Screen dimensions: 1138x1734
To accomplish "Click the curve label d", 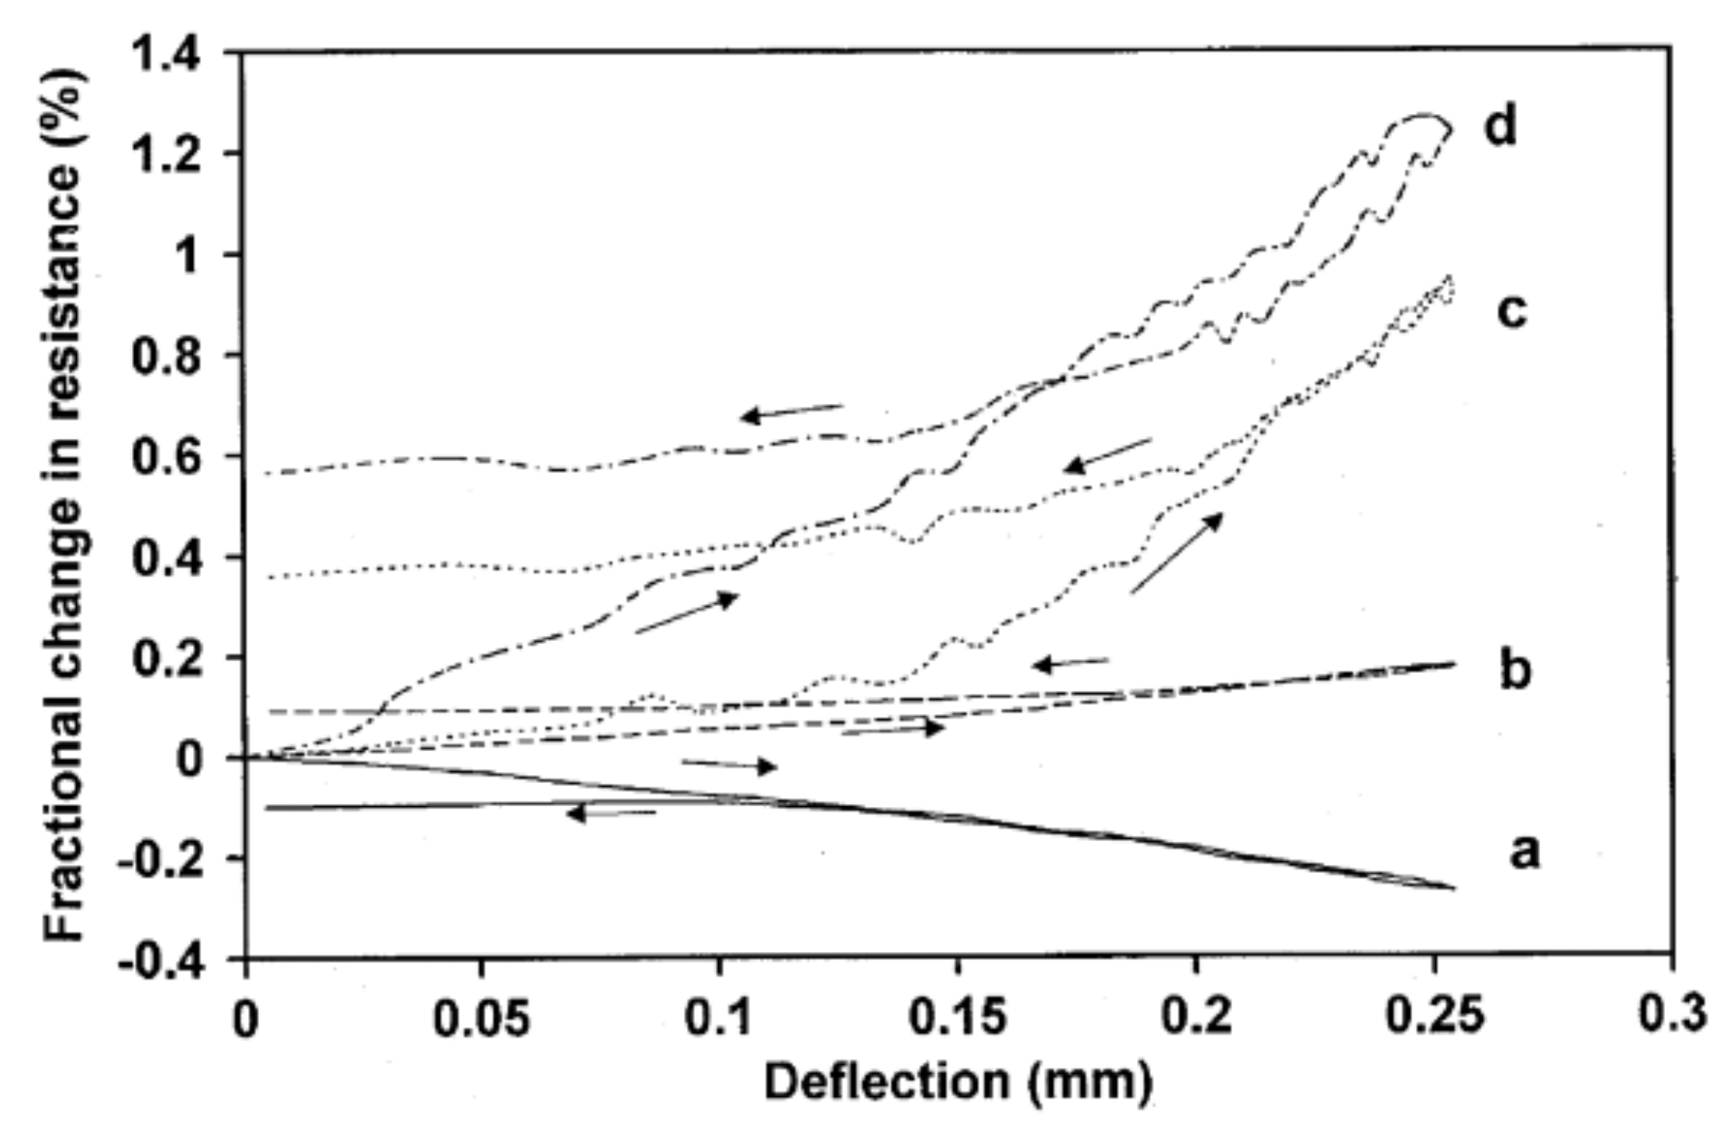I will (x=1500, y=127).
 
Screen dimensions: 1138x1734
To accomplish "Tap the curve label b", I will (x=1515, y=671).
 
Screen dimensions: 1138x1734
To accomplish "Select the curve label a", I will (x=1523, y=853).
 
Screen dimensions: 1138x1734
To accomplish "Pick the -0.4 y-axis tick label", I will (x=162, y=963).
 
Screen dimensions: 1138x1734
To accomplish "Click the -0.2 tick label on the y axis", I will (x=162, y=862).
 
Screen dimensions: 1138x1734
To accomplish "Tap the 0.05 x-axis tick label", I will (x=482, y=1019).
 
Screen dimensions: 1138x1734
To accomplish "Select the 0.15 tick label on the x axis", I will (x=957, y=1019).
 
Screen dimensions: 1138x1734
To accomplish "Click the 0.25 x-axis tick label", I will (x=1435, y=1019).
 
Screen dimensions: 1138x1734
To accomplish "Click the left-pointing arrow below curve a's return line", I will (x=611, y=813).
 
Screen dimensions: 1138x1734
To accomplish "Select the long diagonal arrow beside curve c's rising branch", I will (x=1176, y=553).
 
